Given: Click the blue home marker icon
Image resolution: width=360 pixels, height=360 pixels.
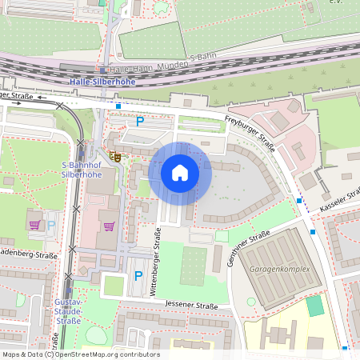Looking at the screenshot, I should [180, 173].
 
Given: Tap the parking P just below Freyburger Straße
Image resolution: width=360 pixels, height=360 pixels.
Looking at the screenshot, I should [140, 122].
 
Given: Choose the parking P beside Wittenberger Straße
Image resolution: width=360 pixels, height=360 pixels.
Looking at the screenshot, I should [138, 276].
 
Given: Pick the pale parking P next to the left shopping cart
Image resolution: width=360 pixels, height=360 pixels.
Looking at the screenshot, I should [51, 225].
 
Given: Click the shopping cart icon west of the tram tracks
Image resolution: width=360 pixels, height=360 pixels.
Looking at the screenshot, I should [34, 225].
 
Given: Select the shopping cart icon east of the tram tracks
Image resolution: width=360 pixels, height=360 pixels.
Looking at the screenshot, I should [109, 226].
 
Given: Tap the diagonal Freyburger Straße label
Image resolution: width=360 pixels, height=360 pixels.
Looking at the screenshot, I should [250, 131].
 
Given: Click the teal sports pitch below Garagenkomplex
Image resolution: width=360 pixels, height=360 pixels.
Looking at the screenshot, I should [315, 306].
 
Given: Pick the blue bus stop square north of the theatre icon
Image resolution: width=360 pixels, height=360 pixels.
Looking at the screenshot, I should [118, 106].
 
